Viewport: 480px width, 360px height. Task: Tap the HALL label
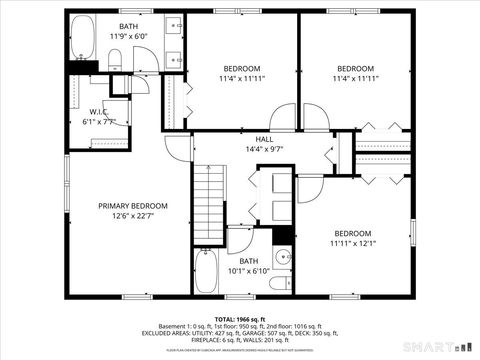(x=264, y=139)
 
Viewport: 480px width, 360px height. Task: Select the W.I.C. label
(x=98, y=111)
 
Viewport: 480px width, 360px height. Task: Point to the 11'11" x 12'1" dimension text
(x=352, y=243)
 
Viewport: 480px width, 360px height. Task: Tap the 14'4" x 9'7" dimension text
(x=264, y=149)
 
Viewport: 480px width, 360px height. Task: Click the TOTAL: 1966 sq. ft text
(x=240, y=316)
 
